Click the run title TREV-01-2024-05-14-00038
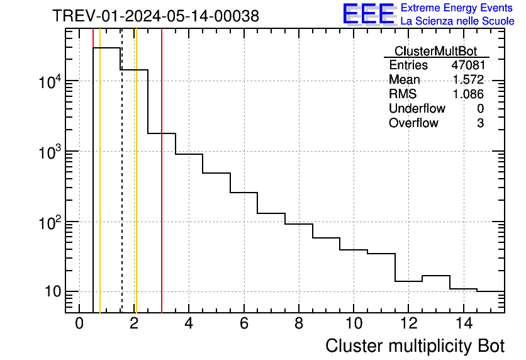(155, 16)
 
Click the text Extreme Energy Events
(457, 8)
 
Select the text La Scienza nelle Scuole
(457, 21)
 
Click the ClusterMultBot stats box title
(435, 51)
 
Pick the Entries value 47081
(467, 65)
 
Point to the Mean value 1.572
(468, 80)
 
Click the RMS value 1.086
(468, 94)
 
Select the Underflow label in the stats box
(417, 109)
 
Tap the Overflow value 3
(480, 123)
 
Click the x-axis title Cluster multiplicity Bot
(415, 346)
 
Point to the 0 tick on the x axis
(79, 323)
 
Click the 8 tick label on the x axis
(299, 323)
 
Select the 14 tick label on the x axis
(463, 323)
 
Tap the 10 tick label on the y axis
(52, 292)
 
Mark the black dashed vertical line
(121, 189)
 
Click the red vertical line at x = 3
(162, 189)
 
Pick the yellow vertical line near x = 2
(136, 189)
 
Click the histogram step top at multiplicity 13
(435, 276)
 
